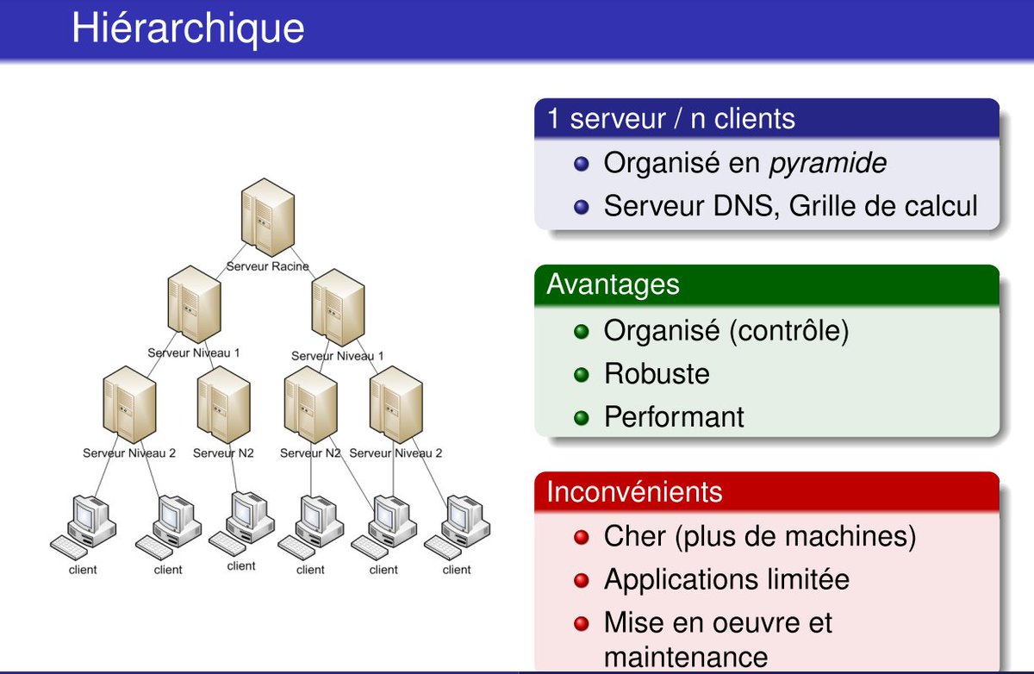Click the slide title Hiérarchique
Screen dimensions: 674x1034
click(188, 28)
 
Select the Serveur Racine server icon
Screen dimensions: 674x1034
click(265, 220)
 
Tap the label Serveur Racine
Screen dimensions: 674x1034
click(268, 266)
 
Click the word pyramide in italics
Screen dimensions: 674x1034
click(827, 163)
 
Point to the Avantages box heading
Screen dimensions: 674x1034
click(613, 284)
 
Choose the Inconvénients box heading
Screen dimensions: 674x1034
click(634, 491)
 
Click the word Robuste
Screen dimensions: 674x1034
click(657, 374)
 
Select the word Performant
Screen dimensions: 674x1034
click(674, 417)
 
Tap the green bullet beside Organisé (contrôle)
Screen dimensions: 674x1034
click(582, 331)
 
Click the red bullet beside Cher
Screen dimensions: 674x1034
click(582, 538)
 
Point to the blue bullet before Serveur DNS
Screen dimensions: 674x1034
click(582, 208)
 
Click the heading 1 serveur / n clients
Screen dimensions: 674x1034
click(671, 118)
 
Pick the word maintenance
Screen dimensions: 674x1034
click(686, 657)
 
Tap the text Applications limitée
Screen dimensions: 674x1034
click(726, 579)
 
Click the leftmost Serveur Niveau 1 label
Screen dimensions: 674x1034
click(194, 353)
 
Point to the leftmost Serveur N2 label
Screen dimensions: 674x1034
click(223, 453)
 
